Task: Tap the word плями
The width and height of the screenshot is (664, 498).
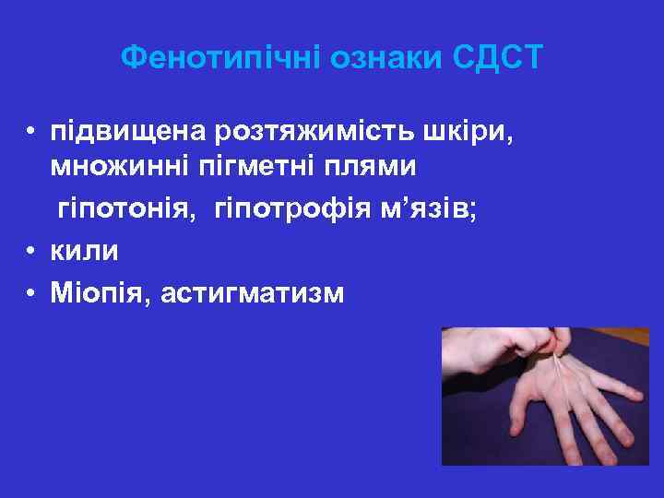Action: pos(367,167)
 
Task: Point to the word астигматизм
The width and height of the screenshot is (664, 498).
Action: pos(252,292)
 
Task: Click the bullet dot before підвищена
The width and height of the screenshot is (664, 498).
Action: pos(30,136)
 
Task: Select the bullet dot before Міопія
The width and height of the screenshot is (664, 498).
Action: pos(30,292)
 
